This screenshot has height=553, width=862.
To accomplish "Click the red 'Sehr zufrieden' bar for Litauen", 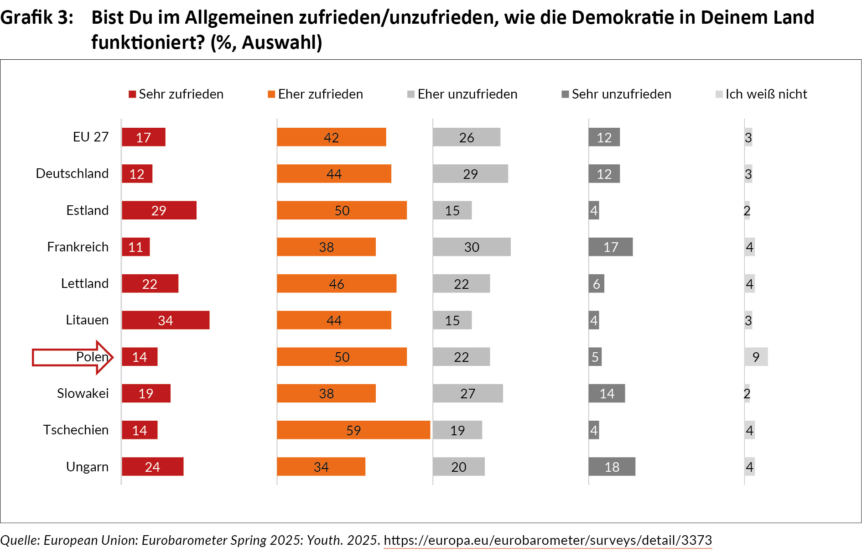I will (x=166, y=320).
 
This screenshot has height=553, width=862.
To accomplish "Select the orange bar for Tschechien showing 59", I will (x=353, y=430).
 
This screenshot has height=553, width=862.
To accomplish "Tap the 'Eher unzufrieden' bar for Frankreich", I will (x=472, y=247).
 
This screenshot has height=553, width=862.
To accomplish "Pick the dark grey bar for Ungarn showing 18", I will (x=612, y=467).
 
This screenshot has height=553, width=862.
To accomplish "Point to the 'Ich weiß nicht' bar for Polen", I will (x=756, y=357).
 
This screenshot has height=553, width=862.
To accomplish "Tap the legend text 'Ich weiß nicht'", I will (x=766, y=94).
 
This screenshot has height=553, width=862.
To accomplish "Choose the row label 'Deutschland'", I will (x=72, y=174).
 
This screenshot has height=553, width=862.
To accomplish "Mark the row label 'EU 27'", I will (x=91, y=137).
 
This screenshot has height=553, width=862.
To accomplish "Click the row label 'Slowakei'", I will (x=83, y=393).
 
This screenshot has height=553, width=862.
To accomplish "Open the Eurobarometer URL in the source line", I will (x=548, y=540).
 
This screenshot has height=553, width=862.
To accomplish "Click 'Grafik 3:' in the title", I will (x=36, y=18).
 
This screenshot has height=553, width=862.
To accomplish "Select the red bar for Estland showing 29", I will (x=159, y=210).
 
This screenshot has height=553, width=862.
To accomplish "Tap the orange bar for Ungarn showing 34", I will (x=321, y=467).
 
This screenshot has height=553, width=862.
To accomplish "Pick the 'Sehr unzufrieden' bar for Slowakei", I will (x=607, y=393).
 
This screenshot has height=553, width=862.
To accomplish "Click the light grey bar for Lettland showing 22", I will (x=461, y=284).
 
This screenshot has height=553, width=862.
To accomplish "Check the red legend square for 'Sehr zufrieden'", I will (x=132, y=94).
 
